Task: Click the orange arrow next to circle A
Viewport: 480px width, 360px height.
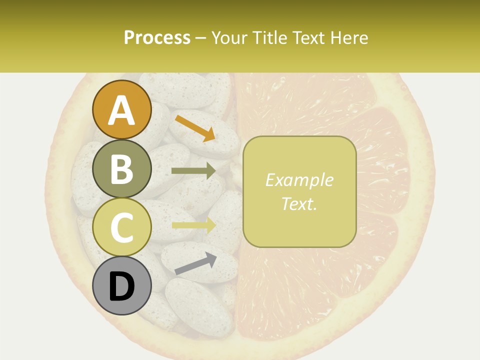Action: pyautogui.click(x=195, y=128)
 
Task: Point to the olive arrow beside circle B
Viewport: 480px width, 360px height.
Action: pyautogui.click(x=194, y=171)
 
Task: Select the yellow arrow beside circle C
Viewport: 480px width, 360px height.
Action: pyautogui.click(x=194, y=225)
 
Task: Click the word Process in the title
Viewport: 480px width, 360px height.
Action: pyautogui.click(x=157, y=37)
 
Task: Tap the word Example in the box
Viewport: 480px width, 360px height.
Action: pyautogui.click(x=299, y=180)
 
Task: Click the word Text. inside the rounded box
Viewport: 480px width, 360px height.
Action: pyautogui.click(x=299, y=204)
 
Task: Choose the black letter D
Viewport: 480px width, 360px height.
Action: pyautogui.click(x=122, y=287)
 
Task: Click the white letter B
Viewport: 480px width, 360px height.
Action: pyautogui.click(x=122, y=169)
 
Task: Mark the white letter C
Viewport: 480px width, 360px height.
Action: pyautogui.click(x=122, y=228)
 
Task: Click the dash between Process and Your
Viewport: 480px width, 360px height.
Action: pyautogui.click(x=201, y=37)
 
